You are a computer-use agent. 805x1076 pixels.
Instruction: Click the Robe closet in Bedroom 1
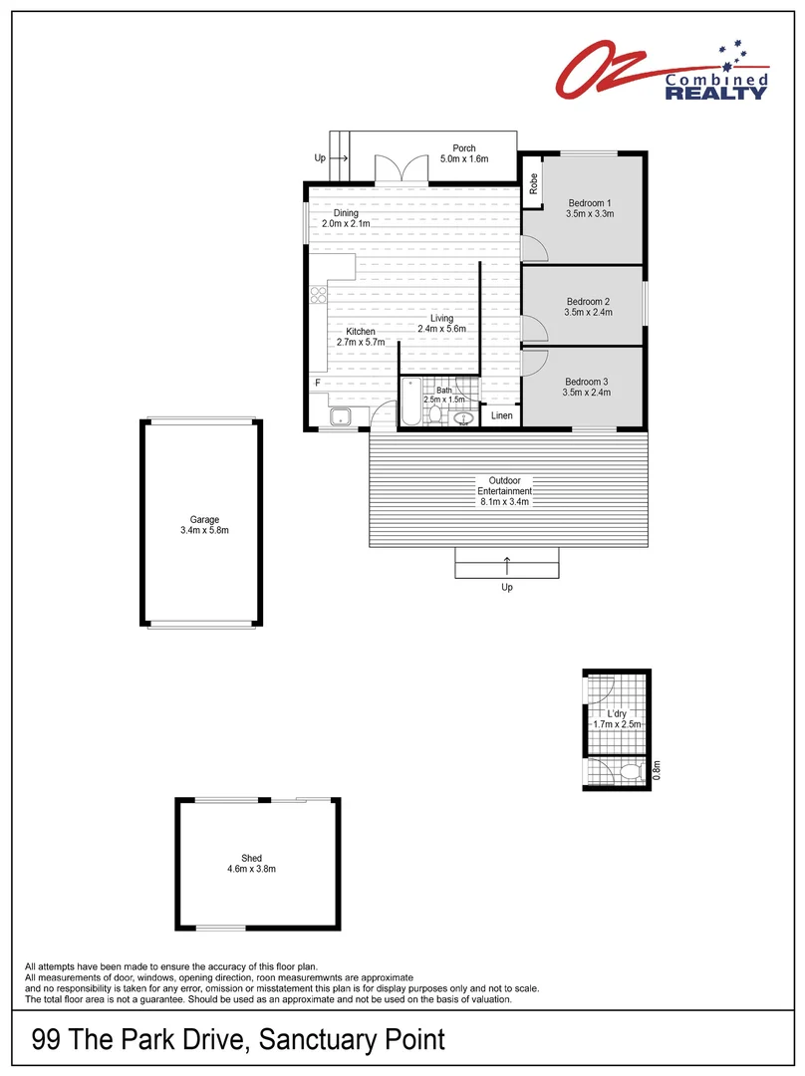533,183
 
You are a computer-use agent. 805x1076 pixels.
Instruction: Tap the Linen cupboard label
502,415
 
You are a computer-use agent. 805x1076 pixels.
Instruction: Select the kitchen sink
340,417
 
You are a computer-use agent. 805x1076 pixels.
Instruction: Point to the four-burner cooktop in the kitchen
319,294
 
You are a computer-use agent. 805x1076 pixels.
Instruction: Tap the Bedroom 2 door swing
532,328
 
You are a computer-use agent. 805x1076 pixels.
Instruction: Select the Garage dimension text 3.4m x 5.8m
204,531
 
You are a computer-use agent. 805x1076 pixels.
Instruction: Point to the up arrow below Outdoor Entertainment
507,566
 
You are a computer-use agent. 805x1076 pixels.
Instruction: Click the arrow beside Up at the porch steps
337,157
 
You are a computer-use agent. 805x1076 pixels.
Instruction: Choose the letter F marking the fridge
318,383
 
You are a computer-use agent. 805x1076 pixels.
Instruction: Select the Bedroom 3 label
587,382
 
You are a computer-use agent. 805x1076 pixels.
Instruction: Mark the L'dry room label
616,714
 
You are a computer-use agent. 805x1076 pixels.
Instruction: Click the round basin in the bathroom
462,420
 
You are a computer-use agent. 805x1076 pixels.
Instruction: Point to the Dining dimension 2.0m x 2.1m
346,224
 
